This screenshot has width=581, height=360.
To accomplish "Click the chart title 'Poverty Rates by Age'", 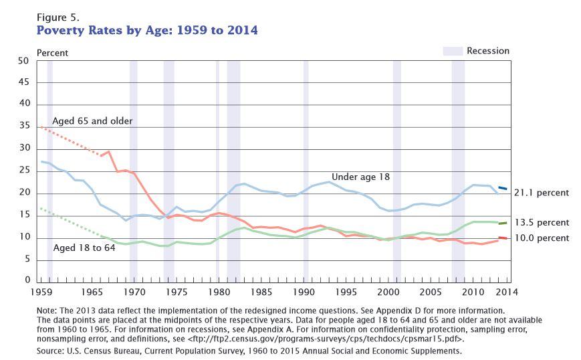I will click(x=146, y=31).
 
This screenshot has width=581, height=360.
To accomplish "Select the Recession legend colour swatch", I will click(x=452, y=51).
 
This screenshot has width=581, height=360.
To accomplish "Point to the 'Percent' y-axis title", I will click(x=51, y=52).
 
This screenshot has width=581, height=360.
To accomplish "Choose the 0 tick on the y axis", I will click(x=26, y=280).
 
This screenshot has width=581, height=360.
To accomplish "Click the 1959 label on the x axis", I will click(x=41, y=292).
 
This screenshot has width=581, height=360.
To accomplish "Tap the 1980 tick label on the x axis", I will click(x=219, y=292).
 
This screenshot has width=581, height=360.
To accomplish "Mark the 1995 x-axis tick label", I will click(x=346, y=292).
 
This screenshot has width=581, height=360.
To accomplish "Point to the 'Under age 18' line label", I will click(x=362, y=177).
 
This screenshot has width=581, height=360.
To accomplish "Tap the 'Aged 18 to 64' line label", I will click(x=84, y=248).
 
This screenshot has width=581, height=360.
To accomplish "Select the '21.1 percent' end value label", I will click(x=542, y=193).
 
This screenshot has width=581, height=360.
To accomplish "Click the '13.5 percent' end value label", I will click(x=542, y=222).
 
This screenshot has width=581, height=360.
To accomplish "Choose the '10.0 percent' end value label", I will click(x=542, y=238).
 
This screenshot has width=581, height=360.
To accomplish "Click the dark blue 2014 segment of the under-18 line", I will click(x=502, y=189).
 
